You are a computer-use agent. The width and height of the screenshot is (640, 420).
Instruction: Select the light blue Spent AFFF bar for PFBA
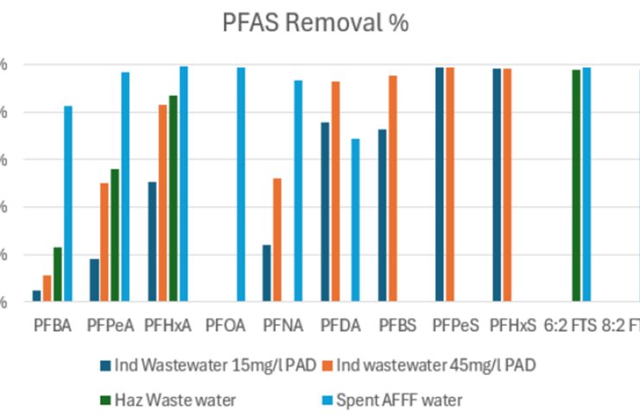click(68, 204)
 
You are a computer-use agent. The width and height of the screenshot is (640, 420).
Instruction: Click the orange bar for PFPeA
click(105, 243)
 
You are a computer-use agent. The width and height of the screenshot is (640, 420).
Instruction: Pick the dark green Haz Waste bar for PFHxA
click(173, 199)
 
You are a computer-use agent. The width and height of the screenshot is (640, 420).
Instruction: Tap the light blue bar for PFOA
click(241, 185)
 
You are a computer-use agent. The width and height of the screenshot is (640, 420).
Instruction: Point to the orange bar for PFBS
click(393, 189)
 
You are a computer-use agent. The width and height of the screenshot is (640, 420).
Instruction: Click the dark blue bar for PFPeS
click(440, 185)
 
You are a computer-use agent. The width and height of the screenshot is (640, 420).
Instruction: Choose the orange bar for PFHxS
click(507, 186)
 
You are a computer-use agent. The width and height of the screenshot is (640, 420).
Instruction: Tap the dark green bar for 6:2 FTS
click(576, 186)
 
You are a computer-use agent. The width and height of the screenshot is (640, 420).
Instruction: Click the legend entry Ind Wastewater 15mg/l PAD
click(208, 365)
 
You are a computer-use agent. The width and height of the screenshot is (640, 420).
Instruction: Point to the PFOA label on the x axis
click(226, 326)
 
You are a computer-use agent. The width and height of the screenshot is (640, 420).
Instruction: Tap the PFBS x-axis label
click(398, 326)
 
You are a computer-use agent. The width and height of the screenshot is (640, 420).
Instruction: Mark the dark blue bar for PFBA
click(36, 296)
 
